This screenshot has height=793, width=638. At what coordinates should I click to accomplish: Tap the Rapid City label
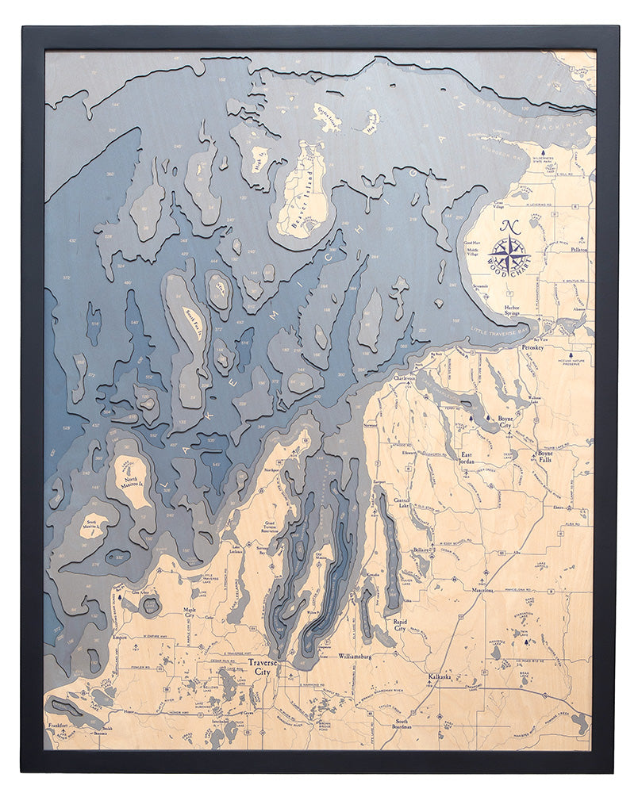[x=404, y=626]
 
